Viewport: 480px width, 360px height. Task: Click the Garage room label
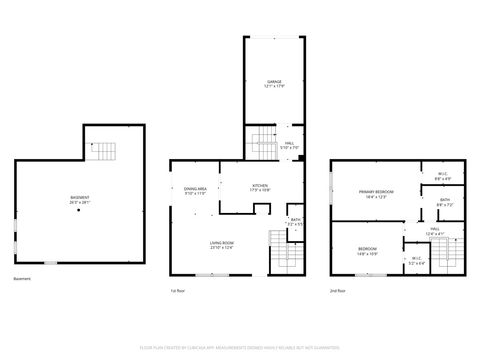[x=273, y=83]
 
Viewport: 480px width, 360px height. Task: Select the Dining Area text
[x=194, y=191]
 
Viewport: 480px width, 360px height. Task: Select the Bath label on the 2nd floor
[x=444, y=202]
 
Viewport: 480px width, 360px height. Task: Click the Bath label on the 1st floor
[x=295, y=221]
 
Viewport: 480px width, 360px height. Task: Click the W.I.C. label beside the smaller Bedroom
[x=417, y=262]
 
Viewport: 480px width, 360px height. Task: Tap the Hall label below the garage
[x=289, y=146]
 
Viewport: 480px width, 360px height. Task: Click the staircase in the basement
[x=105, y=152]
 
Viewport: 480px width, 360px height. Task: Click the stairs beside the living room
[x=278, y=250]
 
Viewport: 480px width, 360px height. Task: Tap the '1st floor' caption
[x=178, y=291]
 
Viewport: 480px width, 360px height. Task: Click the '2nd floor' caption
[x=338, y=291]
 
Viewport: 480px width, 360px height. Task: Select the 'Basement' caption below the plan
[x=23, y=279]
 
